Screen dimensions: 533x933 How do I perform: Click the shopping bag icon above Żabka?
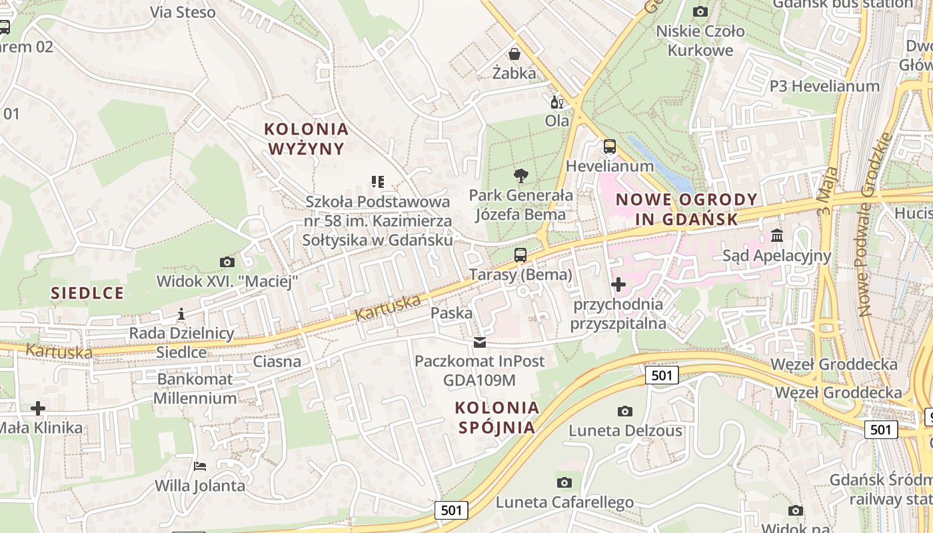(514, 54)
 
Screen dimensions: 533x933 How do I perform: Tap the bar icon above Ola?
(556, 103)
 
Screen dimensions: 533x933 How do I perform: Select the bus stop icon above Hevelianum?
(609, 147)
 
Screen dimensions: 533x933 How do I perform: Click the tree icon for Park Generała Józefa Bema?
(521, 176)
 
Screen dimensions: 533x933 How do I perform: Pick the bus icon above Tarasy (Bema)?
(520, 255)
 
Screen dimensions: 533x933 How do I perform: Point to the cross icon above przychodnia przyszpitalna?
(618, 285)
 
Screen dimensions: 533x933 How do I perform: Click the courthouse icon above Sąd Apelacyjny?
(776, 236)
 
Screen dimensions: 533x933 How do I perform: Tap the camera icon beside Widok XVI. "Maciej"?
(227, 263)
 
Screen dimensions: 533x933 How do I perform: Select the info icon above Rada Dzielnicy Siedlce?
(181, 313)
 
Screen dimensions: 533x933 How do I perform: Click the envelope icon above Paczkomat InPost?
(479, 342)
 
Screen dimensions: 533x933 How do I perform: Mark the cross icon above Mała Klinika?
(38, 408)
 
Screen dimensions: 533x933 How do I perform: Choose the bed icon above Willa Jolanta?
(199, 466)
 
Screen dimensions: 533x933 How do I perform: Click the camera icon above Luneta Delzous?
(624, 411)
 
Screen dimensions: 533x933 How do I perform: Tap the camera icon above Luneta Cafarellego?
(564, 482)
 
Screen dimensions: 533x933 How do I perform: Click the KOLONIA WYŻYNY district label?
(306, 139)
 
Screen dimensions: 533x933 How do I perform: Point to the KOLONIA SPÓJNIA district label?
(496, 417)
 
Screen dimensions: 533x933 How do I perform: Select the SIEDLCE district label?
(87, 293)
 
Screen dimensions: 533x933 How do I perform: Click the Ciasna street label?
(277, 362)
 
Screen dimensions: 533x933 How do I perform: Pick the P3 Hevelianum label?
(824, 86)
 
